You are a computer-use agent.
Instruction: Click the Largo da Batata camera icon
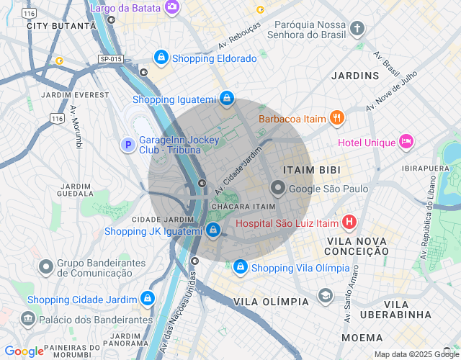tap(172, 7)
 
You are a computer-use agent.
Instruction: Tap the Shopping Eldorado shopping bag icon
tap(161, 58)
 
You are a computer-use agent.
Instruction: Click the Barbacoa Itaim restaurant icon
tap(336, 118)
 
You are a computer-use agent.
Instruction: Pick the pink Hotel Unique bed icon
tap(406, 142)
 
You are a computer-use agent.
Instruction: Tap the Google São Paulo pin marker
tap(278, 189)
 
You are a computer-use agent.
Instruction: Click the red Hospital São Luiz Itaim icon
tap(349, 222)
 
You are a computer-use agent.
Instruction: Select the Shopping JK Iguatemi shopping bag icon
tap(212, 230)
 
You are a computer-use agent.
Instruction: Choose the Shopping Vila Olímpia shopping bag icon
tap(240, 268)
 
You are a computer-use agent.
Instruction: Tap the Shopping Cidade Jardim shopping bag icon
tap(148, 298)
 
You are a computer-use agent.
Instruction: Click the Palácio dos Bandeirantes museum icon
tap(28, 318)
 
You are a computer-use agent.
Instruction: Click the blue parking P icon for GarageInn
tap(127, 145)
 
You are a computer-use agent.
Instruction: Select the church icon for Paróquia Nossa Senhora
tap(357, 28)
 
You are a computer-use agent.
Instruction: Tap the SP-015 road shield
tap(111, 58)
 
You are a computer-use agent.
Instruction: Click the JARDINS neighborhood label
tap(355, 76)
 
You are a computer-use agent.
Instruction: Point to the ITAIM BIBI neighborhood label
tap(312, 169)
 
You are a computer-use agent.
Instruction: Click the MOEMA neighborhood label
tap(362, 337)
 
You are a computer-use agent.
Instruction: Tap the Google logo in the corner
tap(24, 351)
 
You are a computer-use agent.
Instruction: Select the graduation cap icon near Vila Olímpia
tap(326, 297)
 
